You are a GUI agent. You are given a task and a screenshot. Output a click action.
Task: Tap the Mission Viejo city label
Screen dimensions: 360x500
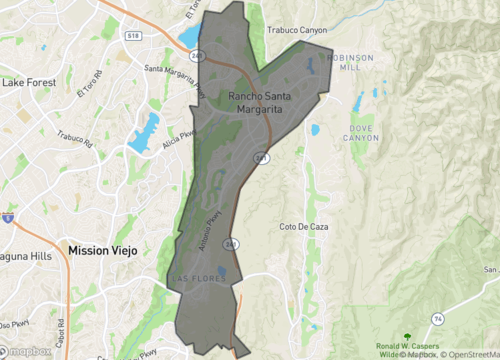(103, 251)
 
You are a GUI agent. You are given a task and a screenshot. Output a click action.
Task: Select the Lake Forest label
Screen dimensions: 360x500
(28, 82)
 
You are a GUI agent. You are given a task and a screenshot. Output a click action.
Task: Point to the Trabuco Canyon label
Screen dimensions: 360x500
(296, 30)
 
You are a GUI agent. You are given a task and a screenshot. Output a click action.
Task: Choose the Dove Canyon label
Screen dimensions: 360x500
(365, 132)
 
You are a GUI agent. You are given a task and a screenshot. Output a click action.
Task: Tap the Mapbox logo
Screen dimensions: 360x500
(28, 351)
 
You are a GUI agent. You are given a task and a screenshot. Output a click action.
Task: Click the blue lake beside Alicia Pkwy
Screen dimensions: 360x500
(148, 127)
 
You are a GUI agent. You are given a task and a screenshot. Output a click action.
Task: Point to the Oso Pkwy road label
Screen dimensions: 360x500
(12, 324)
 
